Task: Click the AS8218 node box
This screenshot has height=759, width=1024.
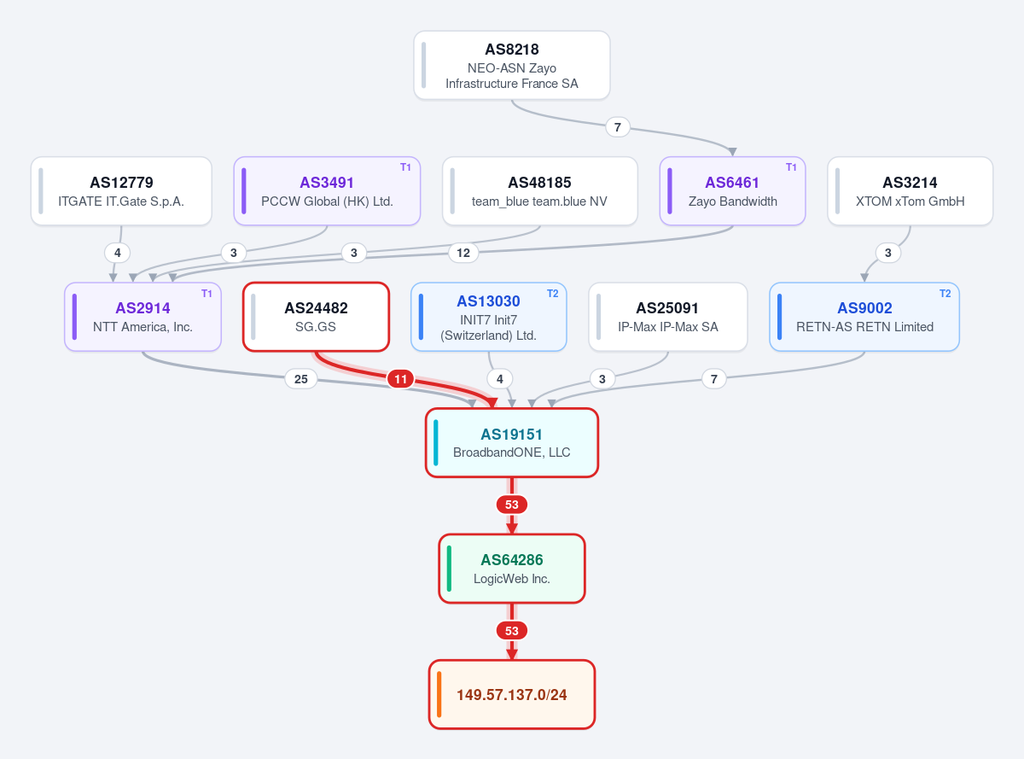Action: [511, 65]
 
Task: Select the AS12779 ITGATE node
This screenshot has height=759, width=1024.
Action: [121, 190]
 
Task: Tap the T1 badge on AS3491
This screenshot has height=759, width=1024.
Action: [405, 167]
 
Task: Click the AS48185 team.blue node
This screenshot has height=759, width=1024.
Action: [539, 190]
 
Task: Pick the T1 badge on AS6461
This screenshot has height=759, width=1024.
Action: [791, 167]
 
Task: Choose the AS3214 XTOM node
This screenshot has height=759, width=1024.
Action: [910, 190]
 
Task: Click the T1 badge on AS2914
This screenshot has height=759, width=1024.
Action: [207, 294]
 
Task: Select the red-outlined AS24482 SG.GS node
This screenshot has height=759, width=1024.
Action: [316, 317]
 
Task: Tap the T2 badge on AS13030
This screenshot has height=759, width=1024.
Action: [552, 294]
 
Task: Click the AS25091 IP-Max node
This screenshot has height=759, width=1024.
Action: [667, 317]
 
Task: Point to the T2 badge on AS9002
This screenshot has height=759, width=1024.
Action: [945, 294]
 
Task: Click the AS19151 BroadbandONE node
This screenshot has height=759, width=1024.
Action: [511, 442]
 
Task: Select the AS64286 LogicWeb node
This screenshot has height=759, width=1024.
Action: [511, 569]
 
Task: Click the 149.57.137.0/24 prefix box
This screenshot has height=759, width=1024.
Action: [511, 694]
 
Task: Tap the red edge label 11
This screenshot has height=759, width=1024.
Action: [401, 379]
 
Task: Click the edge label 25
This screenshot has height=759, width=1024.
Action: [301, 379]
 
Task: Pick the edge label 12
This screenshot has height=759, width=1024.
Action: [463, 253]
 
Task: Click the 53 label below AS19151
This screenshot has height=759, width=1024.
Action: [511, 505]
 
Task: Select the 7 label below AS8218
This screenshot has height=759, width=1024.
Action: [618, 127]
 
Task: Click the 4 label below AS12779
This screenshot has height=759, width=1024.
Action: [117, 253]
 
